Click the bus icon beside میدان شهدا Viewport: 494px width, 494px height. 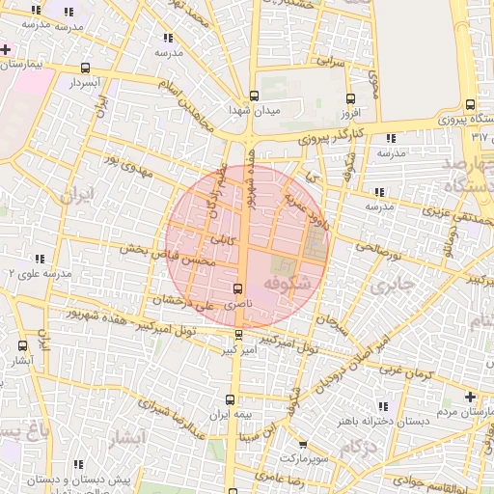(x=254, y=96)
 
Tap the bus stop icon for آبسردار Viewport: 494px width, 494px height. (x=87, y=69)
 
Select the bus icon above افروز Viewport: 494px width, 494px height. (x=349, y=97)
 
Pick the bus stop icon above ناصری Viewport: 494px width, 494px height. (x=238, y=288)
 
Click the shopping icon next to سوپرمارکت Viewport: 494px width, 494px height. (x=303, y=444)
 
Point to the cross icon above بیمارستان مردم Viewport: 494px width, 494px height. (x=470, y=397)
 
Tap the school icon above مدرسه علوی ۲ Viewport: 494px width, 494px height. (x=40, y=259)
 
